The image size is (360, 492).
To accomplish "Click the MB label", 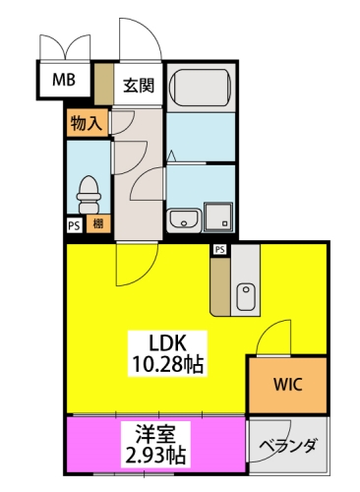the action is [64, 80].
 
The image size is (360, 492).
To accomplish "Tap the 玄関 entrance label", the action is [139, 86].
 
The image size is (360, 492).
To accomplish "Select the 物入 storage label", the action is [86, 123].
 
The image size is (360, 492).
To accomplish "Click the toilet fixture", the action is [89, 195].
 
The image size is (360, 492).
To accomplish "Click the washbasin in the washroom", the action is [184, 220].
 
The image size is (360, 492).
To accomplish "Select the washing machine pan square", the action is [218, 216].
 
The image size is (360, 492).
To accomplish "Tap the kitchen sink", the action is [246, 297].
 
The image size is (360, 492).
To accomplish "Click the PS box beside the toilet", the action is [75, 224].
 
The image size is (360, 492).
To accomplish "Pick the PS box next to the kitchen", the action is [220, 250].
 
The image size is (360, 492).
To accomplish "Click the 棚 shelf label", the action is [98, 224].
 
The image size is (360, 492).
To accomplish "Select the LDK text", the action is [168, 343].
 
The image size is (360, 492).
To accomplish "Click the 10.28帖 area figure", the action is [168, 363].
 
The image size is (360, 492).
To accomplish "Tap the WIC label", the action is [288, 385].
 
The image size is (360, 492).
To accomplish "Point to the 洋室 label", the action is [155, 433].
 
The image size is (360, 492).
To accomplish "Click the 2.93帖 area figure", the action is [155, 455].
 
